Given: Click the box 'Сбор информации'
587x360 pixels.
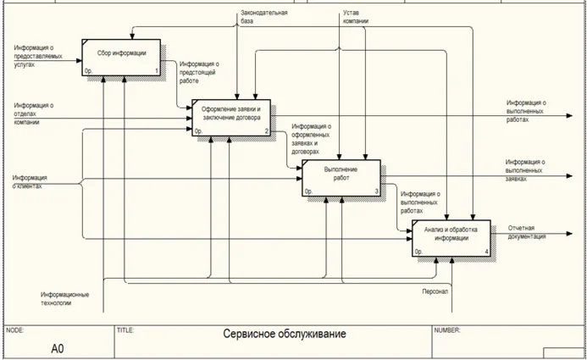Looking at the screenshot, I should [x=121, y=56].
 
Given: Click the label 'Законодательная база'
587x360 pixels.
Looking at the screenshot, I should [x=265, y=17].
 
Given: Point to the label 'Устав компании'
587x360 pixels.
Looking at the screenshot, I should [x=356, y=17].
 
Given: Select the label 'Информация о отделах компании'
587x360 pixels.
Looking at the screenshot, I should [x=34, y=114].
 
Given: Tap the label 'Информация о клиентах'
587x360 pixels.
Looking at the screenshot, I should [x=30, y=181].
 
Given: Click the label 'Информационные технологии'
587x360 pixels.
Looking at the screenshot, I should [x=67, y=298].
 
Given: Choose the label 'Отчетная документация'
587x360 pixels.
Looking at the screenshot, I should [x=527, y=232].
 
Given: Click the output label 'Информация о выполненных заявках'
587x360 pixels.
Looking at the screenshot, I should [x=524, y=170].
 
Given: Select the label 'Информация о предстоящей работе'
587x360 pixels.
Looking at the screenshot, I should [x=199, y=73].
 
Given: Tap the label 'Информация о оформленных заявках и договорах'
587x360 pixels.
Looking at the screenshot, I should [x=310, y=139].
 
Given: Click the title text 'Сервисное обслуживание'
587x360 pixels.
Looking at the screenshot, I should [x=285, y=335].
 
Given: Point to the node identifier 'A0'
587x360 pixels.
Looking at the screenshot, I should [x=57, y=348].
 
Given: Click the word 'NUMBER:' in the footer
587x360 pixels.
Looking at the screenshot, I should [x=446, y=330].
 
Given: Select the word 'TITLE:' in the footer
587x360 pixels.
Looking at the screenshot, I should [x=125, y=330].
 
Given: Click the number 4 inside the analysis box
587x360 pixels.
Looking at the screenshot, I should [x=486, y=252].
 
